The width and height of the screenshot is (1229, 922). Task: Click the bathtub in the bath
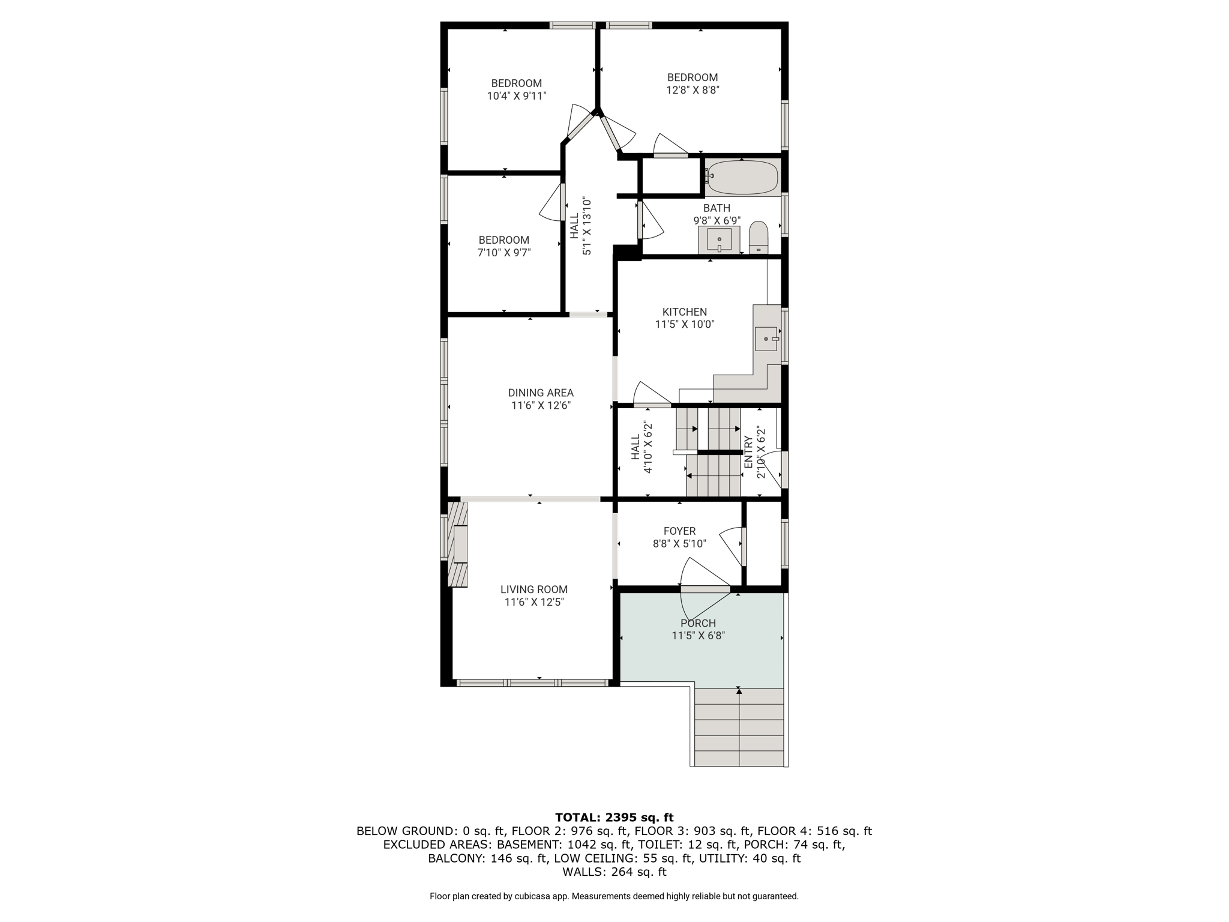(x=742, y=177)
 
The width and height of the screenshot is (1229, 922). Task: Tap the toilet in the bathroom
(x=759, y=238)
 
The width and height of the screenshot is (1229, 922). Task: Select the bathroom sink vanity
(x=719, y=240)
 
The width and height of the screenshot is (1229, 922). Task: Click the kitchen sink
(x=766, y=339)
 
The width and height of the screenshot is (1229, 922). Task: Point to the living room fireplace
(x=458, y=544)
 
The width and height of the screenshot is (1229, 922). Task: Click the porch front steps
(x=739, y=727)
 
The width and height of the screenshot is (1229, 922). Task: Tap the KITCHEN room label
(x=685, y=312)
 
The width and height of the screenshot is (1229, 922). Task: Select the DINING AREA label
(x=541, y=393)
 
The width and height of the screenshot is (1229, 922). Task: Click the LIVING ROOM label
(x=534, y=590)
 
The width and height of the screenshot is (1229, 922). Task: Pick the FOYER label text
(x=679, y=531)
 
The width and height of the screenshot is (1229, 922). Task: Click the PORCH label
(x=698, y=624)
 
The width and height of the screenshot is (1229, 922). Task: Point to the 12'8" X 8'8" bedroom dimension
(x=693, y=91)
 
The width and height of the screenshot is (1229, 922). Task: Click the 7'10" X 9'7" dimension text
(x=504, y=253)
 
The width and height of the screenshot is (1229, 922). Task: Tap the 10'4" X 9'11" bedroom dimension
(x=517, y=96)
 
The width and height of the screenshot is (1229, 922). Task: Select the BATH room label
(x=717, y=208)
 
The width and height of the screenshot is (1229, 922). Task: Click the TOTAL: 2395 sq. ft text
(x=614, y=818)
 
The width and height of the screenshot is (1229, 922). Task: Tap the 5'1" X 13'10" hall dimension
(x=587, y=226)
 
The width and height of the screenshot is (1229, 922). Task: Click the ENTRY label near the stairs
(x=748, y=452)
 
